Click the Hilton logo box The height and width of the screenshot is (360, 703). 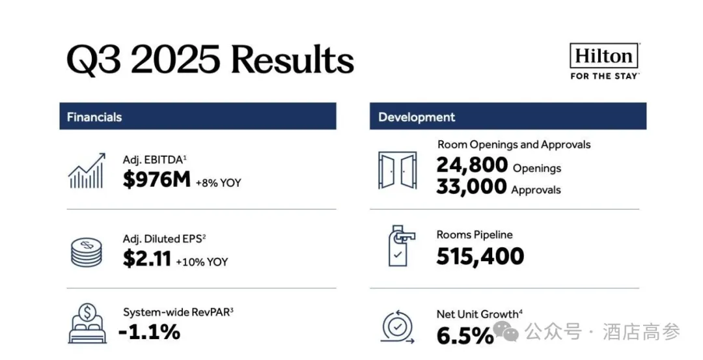coord(603,57)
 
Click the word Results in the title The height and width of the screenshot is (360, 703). coord(292,60)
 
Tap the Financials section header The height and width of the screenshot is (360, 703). coord(94,117)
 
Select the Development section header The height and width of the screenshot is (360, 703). coord(417,117)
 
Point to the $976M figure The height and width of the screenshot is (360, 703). coord(156,180)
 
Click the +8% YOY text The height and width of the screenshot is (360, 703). coord(218,183)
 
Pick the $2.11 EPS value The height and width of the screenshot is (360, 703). coord(146,259)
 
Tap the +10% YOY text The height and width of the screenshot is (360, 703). coord(202,262)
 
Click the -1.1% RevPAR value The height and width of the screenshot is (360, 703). coord(149,332)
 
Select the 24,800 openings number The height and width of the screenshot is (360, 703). coord(472,165)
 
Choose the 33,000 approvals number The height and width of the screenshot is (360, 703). coord(471,187)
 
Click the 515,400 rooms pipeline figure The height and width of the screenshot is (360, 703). coord(480,256)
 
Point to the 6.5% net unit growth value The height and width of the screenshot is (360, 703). coord(465,336)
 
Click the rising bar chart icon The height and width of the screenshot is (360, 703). coord(87,171)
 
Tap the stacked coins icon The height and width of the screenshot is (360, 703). coord(87,253)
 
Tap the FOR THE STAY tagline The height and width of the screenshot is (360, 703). coord(603,76)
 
